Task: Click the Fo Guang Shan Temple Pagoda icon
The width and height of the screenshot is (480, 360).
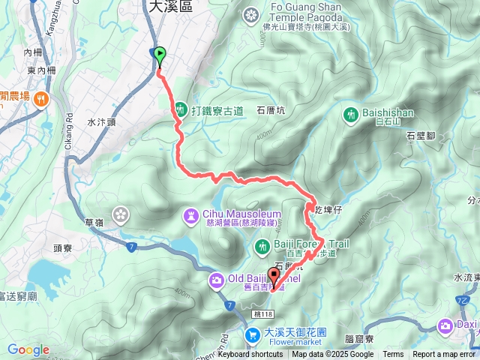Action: pyautogui.click(x=250, y=14)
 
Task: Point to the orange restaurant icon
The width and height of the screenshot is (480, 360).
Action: pyautogui.click(x=40, y=97)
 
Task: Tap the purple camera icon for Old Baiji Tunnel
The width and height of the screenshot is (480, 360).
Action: pyautogui.click(x=217, y=280)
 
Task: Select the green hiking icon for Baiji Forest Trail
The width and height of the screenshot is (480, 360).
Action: pyautogui.click(x=262, y=244)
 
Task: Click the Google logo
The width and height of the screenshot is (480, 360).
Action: pyautogui.click(x=28, y=349)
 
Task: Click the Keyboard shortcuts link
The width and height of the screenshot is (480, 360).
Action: pyautogui.click(x=250, y=355)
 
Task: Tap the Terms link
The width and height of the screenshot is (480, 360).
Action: pyautogui.click(x=393, y=355)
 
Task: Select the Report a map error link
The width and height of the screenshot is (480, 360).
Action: pyautogui.click(x=445, y=355)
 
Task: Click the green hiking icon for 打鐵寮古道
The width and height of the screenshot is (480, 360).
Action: pyautogui.click(x=181, y=110)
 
